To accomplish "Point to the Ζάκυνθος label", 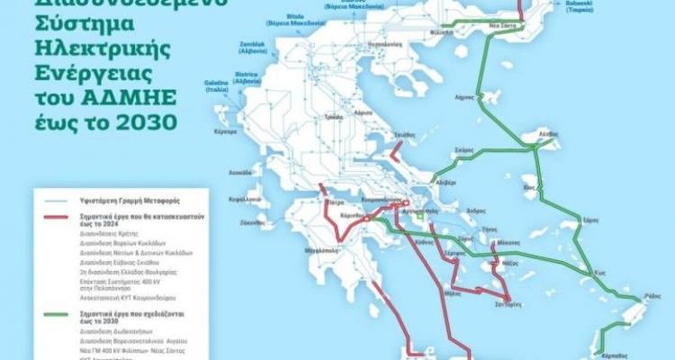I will tap(253, 221).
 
